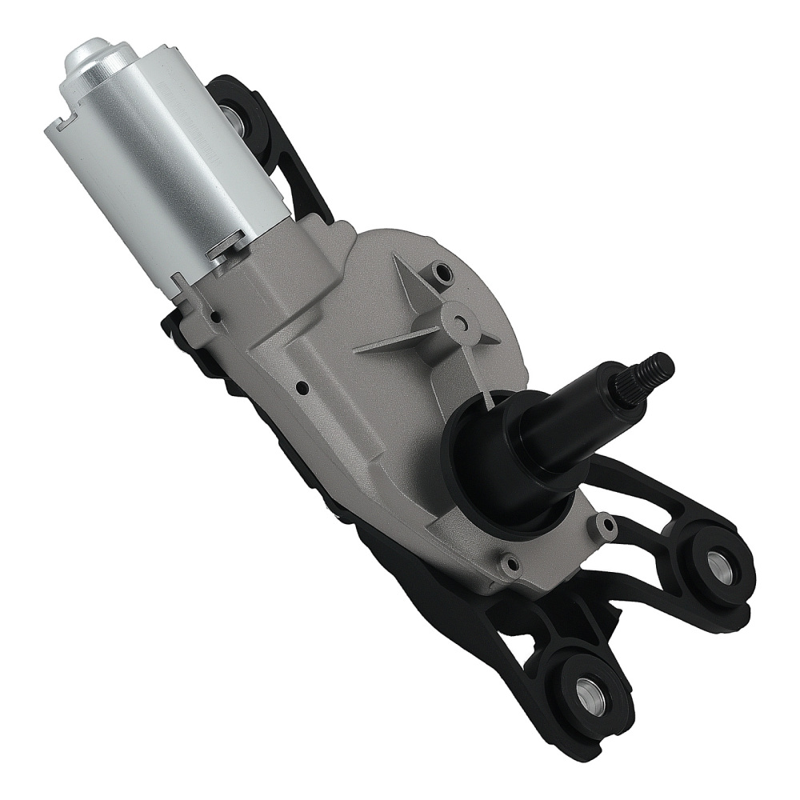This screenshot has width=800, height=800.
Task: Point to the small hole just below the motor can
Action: [x=214, y=319]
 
